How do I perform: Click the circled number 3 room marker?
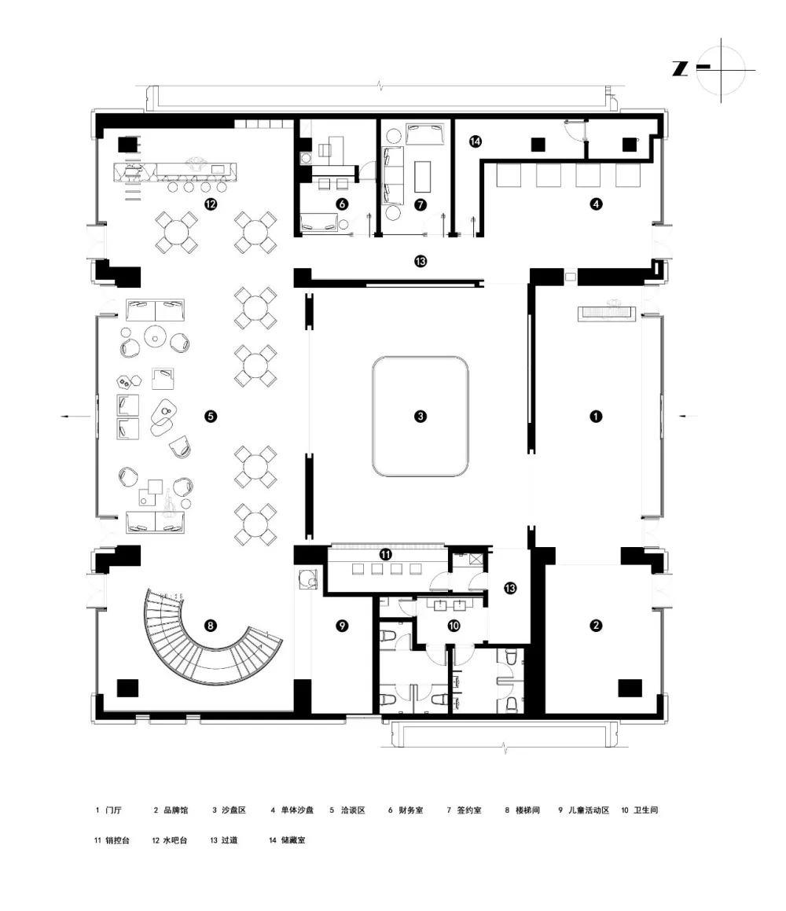click(421, 416)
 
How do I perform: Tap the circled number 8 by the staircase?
click(210, 626)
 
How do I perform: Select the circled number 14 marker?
click(475, 141)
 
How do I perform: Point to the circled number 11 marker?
click(386, 554)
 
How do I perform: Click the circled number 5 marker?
click(210, 416)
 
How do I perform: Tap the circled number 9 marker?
click(341, 626)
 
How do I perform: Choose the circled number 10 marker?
click(454, 626)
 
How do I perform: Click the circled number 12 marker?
click(210, 204)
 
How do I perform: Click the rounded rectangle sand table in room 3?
click(421, 417)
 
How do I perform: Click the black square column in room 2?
click(630, 688)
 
